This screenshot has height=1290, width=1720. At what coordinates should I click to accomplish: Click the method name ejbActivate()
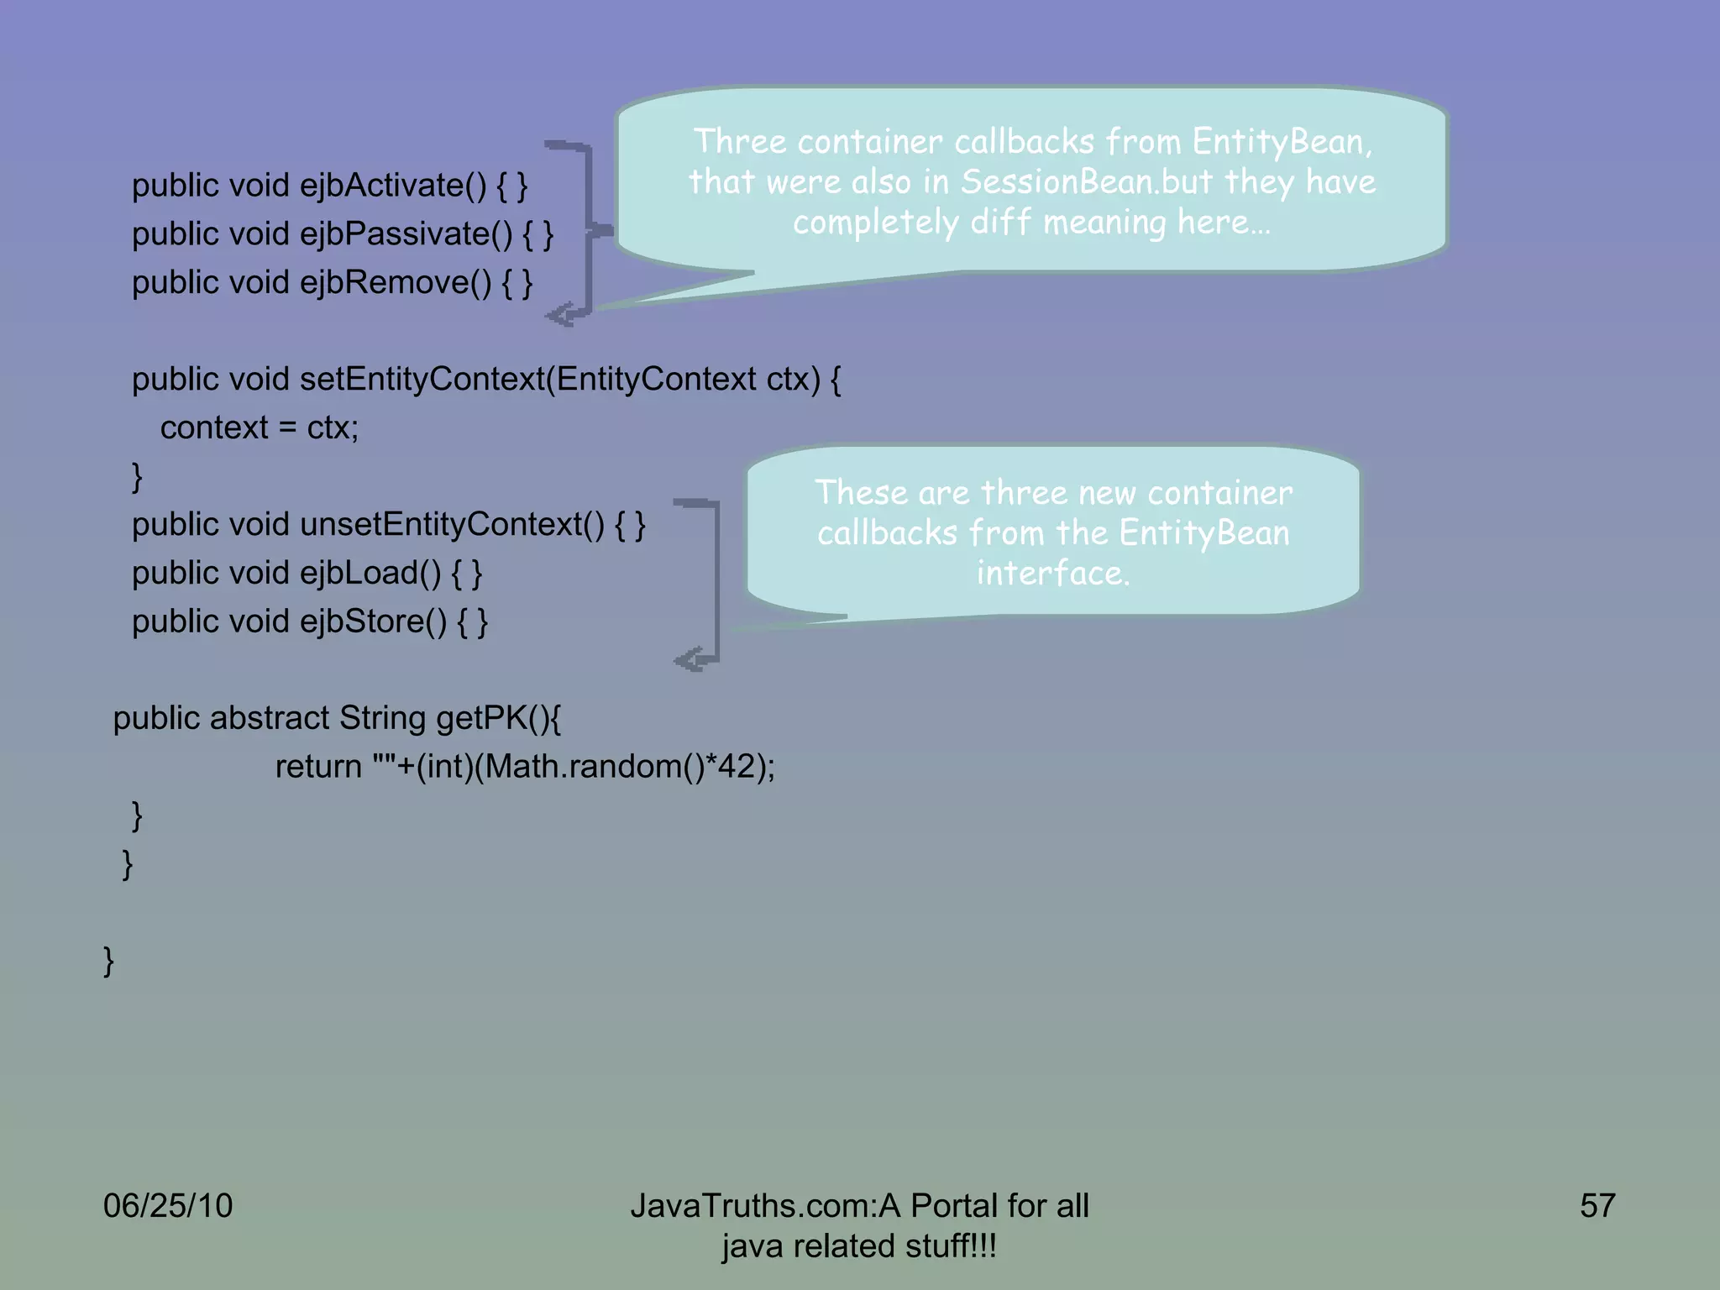[392, 186]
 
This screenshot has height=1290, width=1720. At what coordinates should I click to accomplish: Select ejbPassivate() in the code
[406, 234]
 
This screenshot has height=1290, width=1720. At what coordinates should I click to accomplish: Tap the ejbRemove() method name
[396, 283]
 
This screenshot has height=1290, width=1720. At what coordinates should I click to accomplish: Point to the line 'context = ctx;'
[260, 428]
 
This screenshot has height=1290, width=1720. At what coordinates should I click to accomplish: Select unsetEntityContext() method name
[452, 525]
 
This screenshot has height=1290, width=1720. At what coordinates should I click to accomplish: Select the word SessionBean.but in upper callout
[1087, 182]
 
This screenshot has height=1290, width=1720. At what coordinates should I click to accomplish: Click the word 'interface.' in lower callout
[1053, 574]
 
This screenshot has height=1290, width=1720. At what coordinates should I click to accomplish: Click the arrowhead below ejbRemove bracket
[558, 316]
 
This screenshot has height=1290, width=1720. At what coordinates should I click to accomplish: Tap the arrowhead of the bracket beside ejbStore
[687, 660]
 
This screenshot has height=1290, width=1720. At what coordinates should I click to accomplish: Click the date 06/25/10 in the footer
[167, 1206]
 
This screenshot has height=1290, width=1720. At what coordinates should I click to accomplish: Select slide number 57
[1597, 1206]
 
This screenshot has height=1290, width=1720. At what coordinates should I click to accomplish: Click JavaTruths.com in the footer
[752, 1206]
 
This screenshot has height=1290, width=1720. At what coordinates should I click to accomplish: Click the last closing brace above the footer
[108, 961]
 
